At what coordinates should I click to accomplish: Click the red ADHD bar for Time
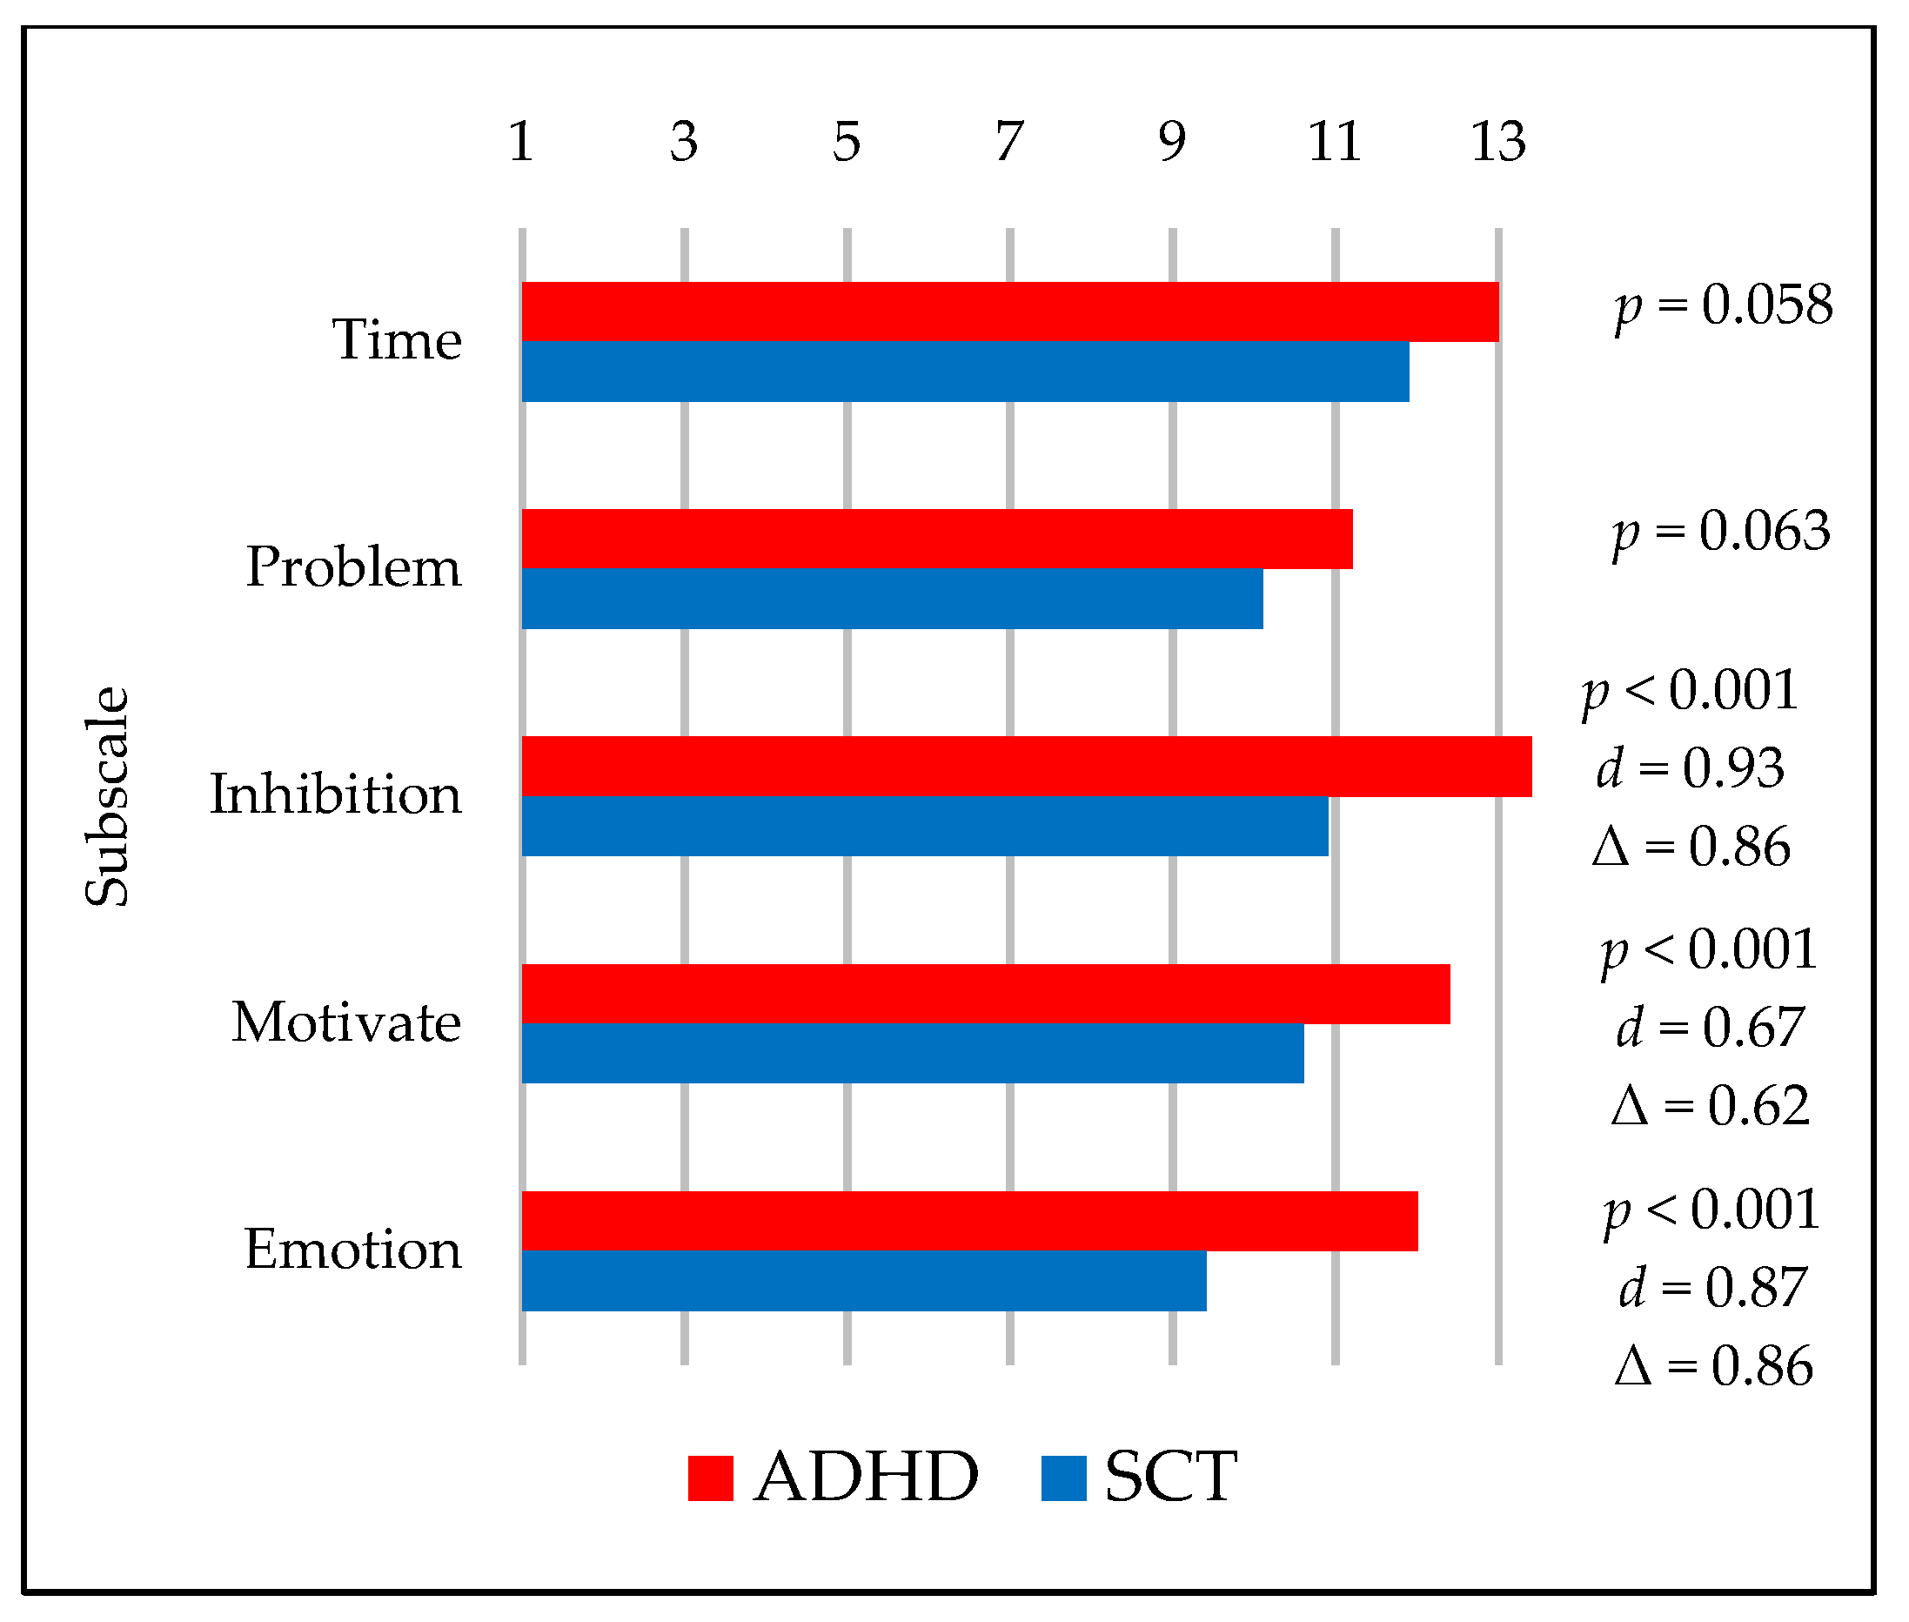(1008, 311)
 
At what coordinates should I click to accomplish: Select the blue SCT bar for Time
(964, 371)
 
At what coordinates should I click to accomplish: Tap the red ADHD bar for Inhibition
(1025, 765)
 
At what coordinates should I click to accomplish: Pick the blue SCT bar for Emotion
(862, 1279)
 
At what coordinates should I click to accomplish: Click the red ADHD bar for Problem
(936, 538)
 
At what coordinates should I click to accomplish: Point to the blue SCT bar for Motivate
(911, 1052)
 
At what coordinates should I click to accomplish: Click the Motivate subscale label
(345, 1022)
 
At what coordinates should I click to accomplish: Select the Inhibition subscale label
(336, 794)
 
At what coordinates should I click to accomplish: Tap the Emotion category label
(352, 1249)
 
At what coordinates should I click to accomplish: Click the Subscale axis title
(108, 796)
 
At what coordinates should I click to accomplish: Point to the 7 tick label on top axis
(1008, 142)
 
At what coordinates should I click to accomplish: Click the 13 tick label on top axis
(1497, 142)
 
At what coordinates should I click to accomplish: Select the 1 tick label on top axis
(521, 142)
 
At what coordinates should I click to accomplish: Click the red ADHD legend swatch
(710, 1478)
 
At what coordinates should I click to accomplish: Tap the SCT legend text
(1169, 1477)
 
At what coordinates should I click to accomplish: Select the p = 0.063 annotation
(1719, 533)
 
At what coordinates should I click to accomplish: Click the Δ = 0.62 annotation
(1710, 1105)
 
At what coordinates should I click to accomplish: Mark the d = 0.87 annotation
(1712, 1286)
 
